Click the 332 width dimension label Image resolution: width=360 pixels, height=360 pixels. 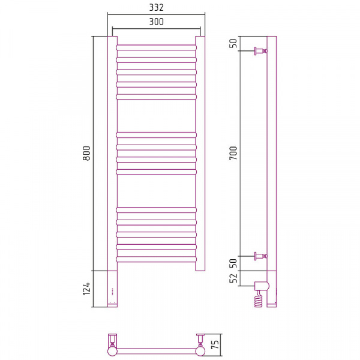(157, 7)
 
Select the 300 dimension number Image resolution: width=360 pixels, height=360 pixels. (157, 22)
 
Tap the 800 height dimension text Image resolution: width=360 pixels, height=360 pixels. (87, 153)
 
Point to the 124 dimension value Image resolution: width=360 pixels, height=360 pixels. (87, 289)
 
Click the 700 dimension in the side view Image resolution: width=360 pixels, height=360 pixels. (233, 153)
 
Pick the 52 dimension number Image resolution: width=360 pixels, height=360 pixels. (233, 278)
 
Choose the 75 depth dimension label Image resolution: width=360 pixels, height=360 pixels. (215, 344)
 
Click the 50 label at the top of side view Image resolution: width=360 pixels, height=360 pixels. (233, 43)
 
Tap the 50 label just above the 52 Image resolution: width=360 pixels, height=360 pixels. (233, 263)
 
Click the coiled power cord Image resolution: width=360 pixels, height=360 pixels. (258, 299)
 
